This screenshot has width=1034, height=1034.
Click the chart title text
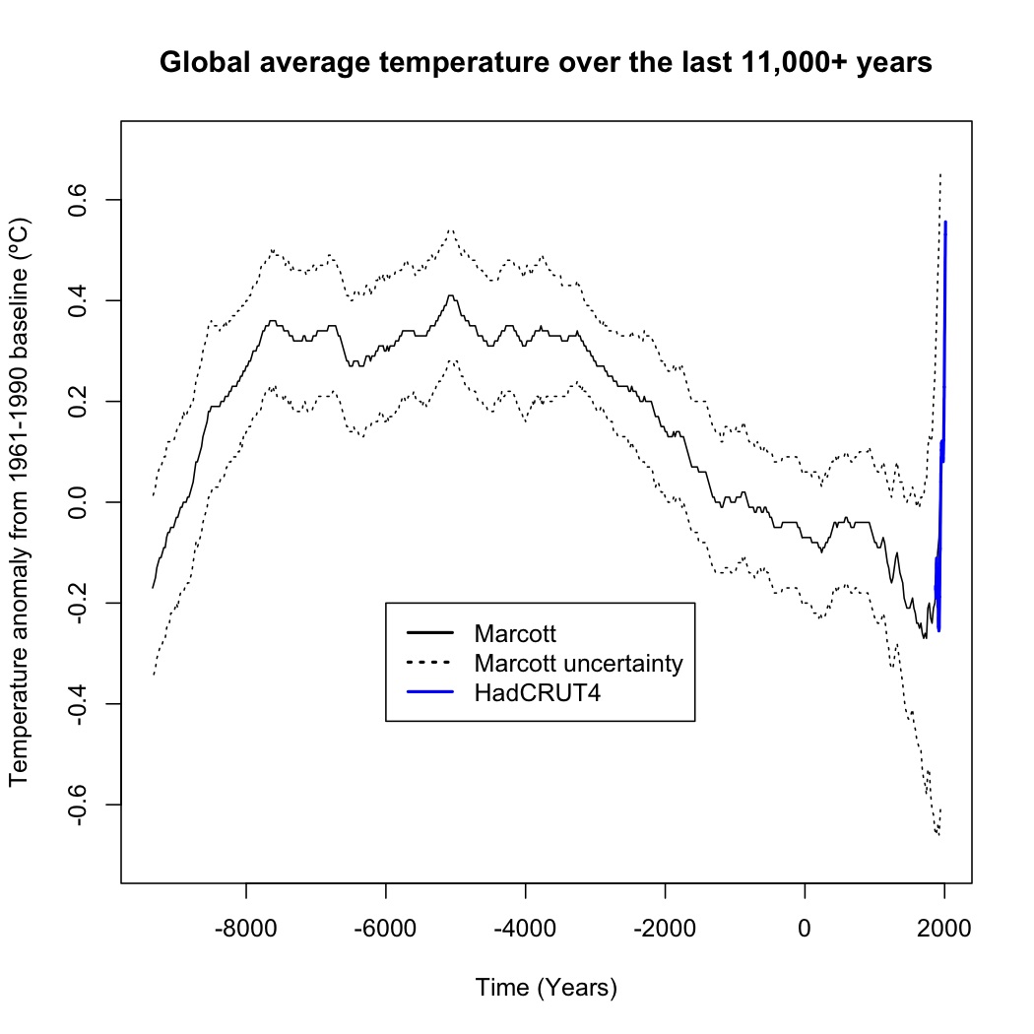click(x=546, y=63)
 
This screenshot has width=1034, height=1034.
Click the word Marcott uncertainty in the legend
click(x=577, y=663)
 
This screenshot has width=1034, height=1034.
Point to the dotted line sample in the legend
click(x=427, y=663)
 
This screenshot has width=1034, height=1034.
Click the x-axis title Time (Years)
click(x=546, y=987)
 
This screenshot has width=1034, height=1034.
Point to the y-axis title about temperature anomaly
click(x=22, y=502)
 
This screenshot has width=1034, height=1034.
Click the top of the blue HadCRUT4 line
click(x=945, y=223)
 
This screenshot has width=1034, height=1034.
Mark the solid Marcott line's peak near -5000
click(x=450, y=295)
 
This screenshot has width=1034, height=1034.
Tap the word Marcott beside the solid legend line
click(x=515, y=632)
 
